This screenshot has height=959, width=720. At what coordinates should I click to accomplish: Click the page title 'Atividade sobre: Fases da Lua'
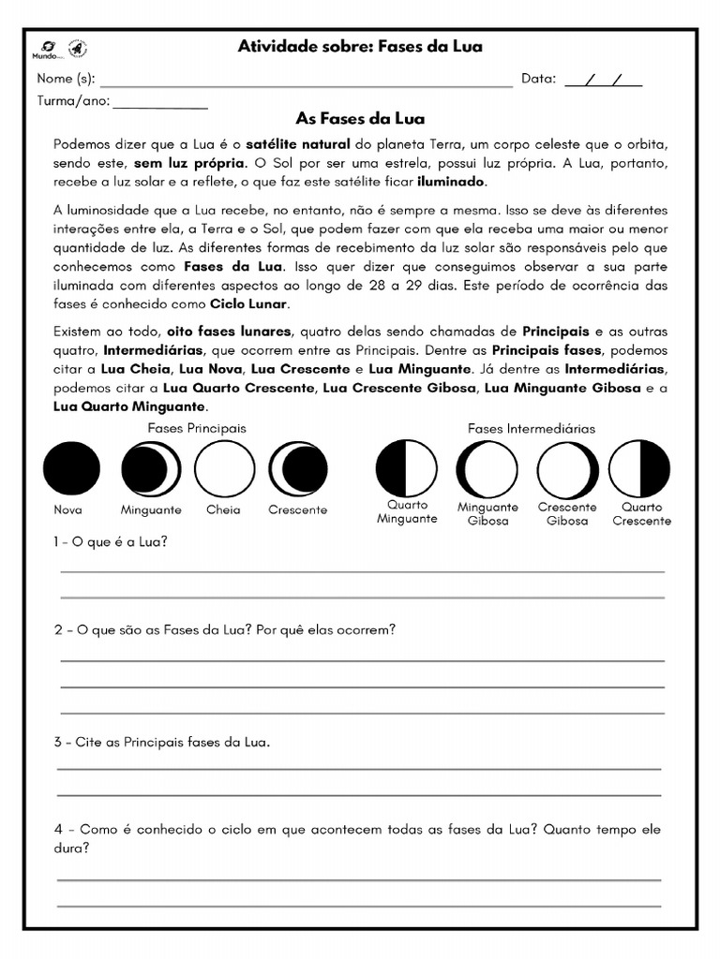(360, 47)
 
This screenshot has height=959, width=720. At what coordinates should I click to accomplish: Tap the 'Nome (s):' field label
(66, 80)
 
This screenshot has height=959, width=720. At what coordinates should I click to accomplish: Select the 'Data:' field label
(538, 80)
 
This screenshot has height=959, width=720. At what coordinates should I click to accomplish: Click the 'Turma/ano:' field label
(73, 101)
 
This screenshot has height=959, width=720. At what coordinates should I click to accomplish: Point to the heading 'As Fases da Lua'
(360, 119)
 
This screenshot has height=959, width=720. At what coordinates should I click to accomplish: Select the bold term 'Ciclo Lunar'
(249, 304)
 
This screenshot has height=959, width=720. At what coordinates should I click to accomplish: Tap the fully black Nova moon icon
(68, 468)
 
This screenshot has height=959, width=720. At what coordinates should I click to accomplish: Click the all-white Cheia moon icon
(224, 468)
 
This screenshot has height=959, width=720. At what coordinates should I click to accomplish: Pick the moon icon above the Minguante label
(151, 468)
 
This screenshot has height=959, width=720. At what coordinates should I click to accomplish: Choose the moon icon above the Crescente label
(297, 468)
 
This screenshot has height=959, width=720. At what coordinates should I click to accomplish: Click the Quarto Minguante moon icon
(406, 468)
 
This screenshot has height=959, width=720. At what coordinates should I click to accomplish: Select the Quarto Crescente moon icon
(640, 468)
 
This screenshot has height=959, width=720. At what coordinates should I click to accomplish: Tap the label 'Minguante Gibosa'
(488, 514)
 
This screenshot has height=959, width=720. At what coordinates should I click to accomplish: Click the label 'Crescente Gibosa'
(567, 514)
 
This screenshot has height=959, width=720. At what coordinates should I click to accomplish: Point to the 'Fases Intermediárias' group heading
(531, 429)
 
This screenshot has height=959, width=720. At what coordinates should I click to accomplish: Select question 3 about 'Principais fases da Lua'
(162, 743)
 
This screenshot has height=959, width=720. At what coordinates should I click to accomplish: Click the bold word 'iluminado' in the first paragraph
(452, 182)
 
